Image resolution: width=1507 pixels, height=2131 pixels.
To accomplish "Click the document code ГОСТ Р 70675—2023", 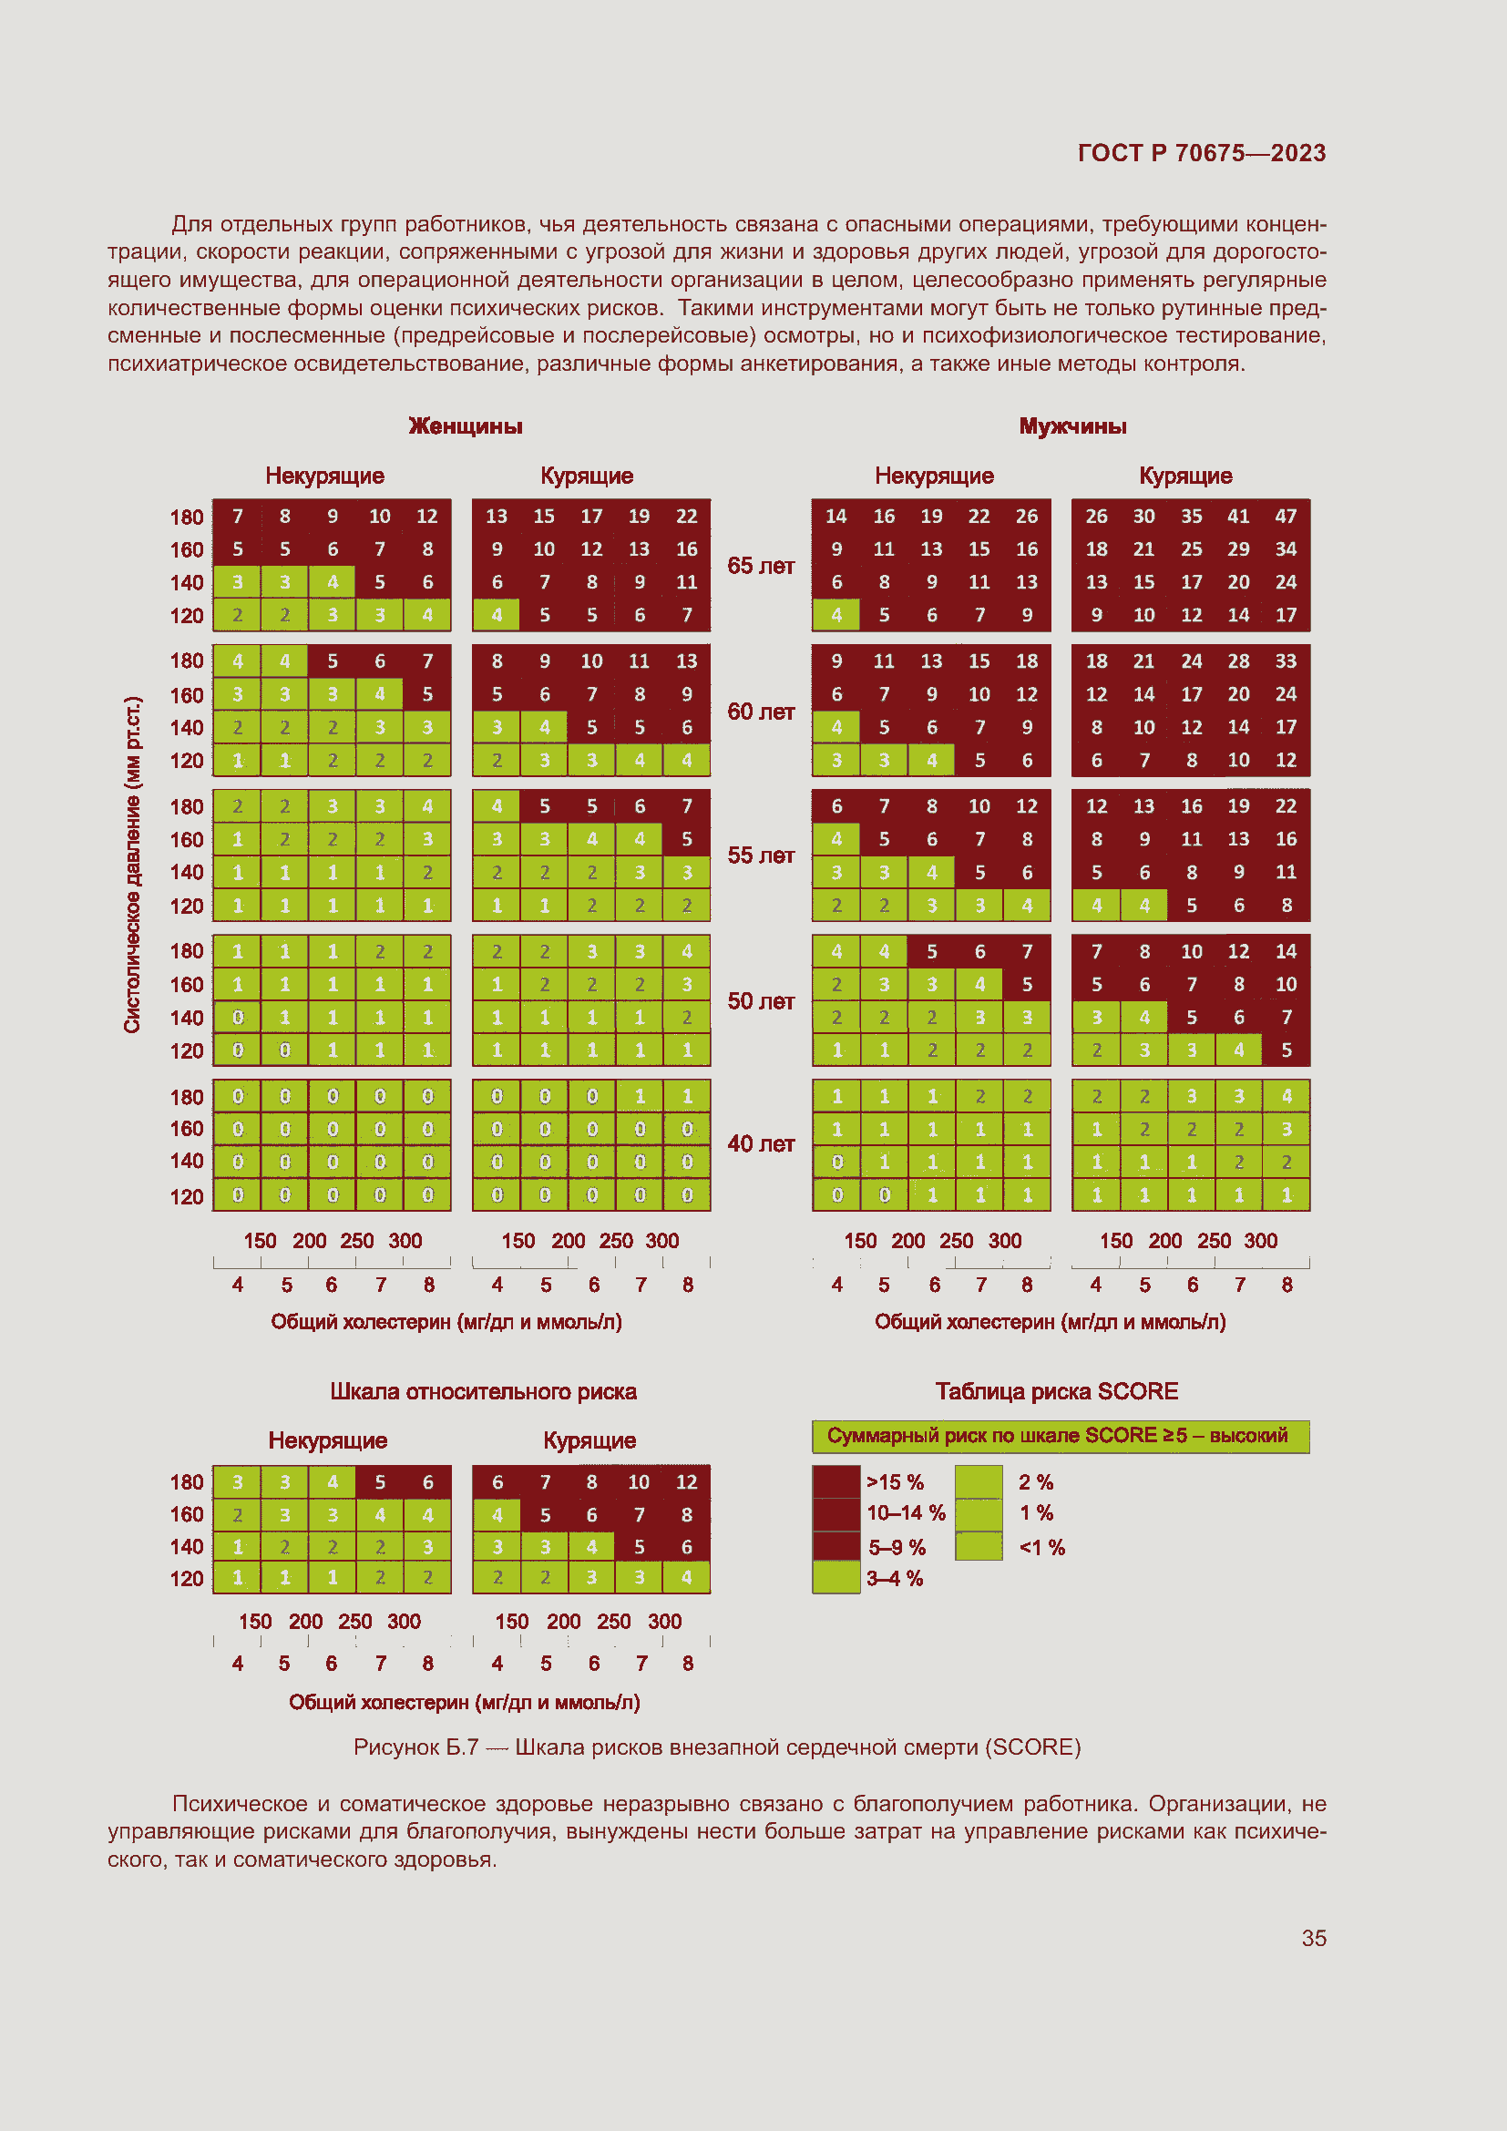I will [x=1201, y=153].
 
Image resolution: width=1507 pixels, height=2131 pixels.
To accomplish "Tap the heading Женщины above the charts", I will [x=465, y=426].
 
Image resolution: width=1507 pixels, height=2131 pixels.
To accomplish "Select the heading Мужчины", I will [x=1071, y=426].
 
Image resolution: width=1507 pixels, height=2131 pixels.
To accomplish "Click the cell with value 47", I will [x=1286, y=516].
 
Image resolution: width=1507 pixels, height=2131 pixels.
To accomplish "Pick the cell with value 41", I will [x=1238, y=516].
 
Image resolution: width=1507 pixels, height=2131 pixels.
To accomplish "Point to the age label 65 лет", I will [x=760, y=566].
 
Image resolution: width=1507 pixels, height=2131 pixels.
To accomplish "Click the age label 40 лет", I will [x=760, y=1143].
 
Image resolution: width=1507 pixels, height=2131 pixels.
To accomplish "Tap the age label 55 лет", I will [x=760, y=855].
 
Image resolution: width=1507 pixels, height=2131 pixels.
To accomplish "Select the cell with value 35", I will [x=1191, y=516].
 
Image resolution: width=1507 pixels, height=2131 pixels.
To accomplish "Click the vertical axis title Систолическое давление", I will [x=133, y=864].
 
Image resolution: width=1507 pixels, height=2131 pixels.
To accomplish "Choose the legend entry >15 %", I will [x=894, y=1482].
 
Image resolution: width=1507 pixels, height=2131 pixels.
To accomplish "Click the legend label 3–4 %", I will [x=894, y=1578].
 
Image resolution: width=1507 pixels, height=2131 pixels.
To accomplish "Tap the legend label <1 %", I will [x=1041, y=1547].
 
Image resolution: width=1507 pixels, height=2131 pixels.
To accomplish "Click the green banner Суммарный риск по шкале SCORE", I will [x=1060, y=1436].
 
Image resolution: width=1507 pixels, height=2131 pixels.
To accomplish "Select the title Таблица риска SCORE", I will [x=1056, y=1391].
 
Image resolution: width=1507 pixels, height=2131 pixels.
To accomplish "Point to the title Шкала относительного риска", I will [x=483, y=1391].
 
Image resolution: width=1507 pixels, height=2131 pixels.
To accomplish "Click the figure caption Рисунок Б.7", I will [x=716, y=1747].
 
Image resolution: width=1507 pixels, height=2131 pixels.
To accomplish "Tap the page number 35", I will [x=1313, y=1938].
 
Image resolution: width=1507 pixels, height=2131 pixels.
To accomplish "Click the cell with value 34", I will [x=1286, y=548].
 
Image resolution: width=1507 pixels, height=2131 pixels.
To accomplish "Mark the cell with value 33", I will [x=1286, y=661].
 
